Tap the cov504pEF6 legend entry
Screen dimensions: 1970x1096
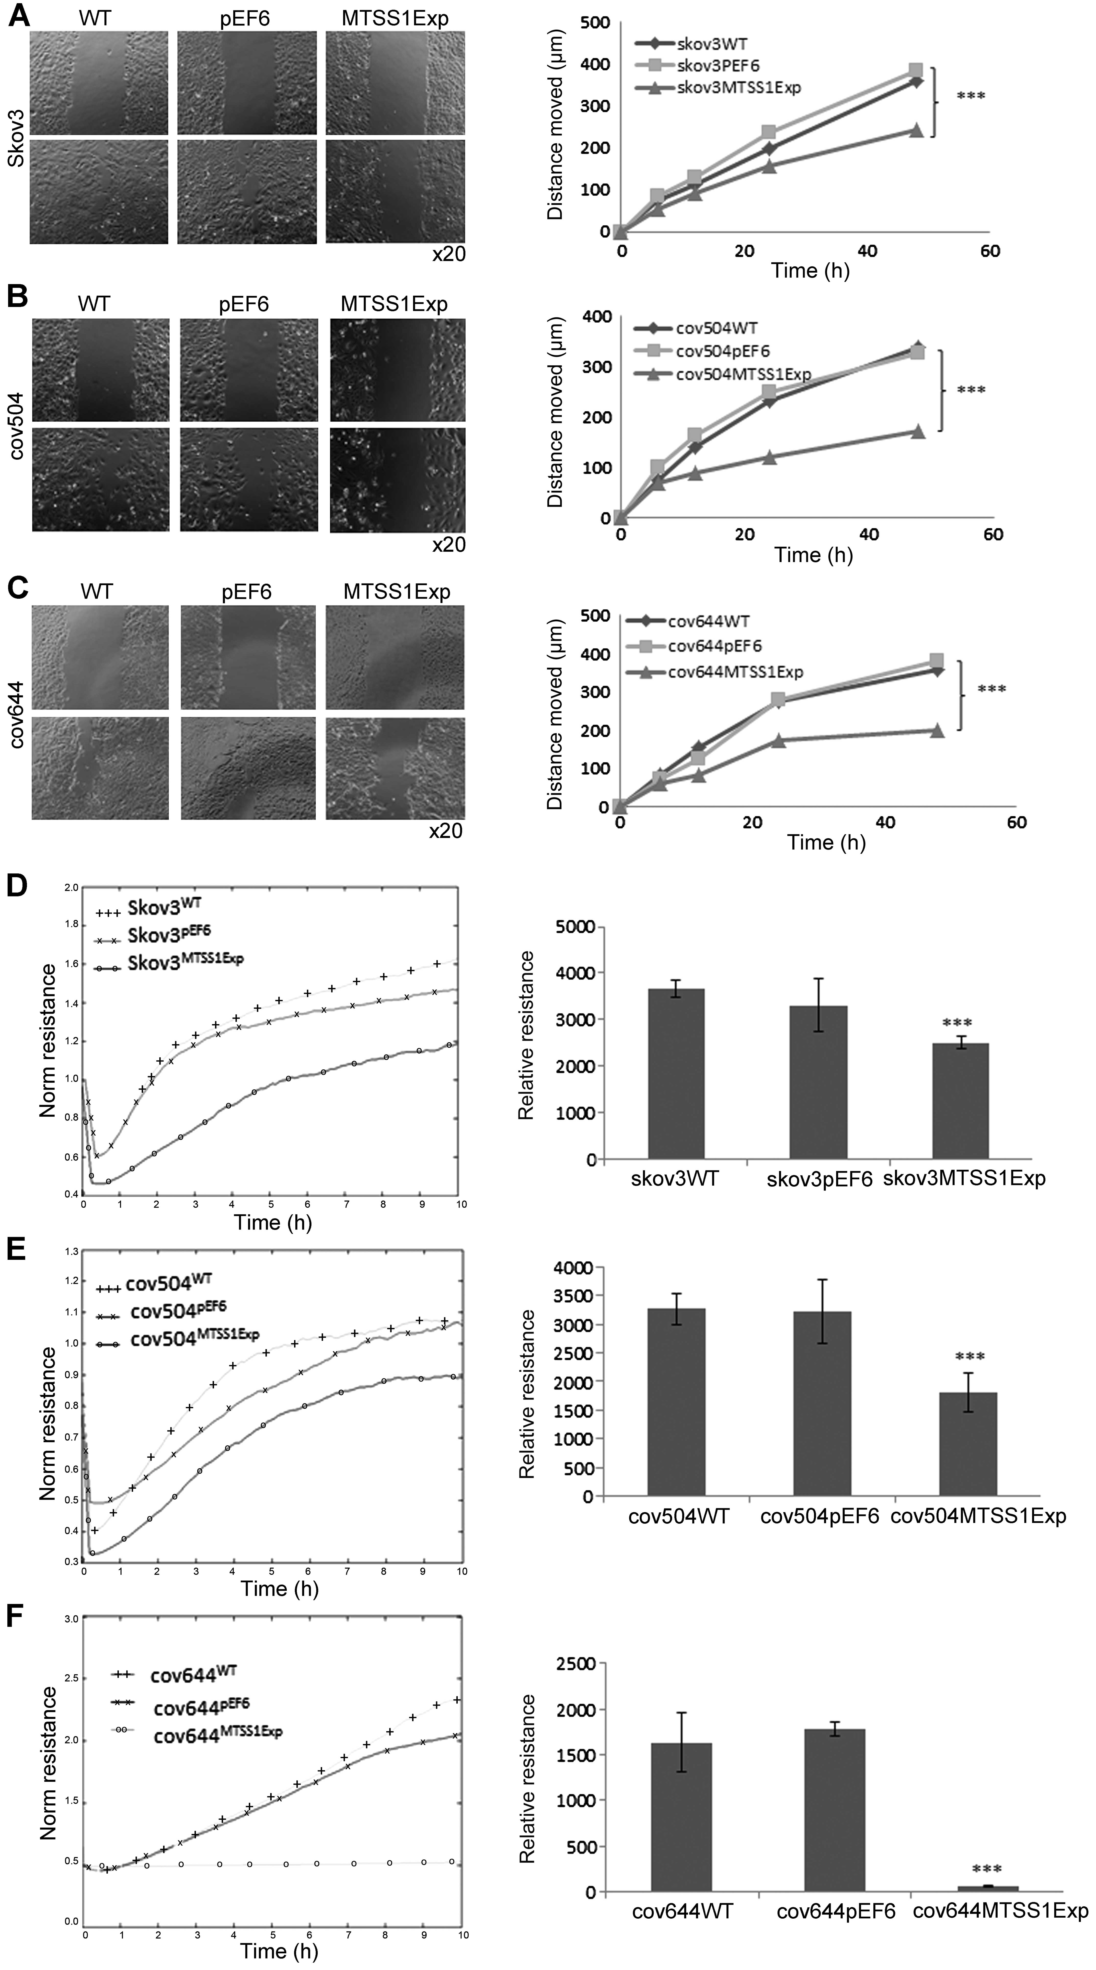point(722,351)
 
